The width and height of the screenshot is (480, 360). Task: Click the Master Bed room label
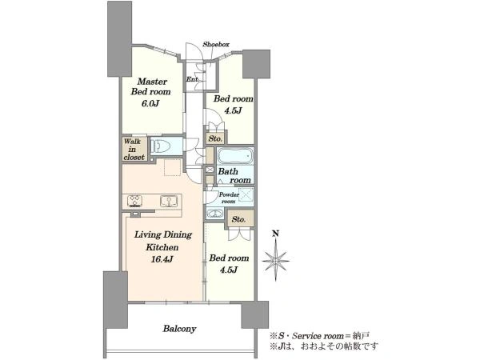(x=150, y=86)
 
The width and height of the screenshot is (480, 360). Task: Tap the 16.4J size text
(x=162, y=259)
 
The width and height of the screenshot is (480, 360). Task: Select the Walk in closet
(x=134, y=149)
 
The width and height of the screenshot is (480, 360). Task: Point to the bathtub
(x=235, y=156)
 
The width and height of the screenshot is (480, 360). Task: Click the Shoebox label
(x=216, y=44)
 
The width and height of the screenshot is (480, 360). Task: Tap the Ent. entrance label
(x=192, y=79)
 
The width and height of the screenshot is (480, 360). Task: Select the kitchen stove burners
(x=135, y=201)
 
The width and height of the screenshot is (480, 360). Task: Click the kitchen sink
(x=169, y=201)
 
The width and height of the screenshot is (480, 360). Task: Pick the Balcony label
(x=179, y=329)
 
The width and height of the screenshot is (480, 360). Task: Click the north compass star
(x=276, y=261)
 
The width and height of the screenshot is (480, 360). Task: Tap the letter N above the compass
(x=276, y=234)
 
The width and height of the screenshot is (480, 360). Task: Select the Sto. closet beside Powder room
(x=239, y=219)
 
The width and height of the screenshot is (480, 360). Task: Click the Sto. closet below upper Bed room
(x=215, y=138)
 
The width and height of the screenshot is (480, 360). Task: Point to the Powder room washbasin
(x=214, y=213)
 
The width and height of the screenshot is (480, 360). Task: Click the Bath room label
(x=234, y=176)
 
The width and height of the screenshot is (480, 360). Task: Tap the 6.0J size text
(x=150, y=103)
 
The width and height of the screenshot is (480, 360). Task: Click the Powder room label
(x=229, y=198)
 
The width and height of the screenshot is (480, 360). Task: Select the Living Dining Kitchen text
(x=163, y=241)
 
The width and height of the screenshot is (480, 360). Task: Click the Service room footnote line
(x=319, y=336)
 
